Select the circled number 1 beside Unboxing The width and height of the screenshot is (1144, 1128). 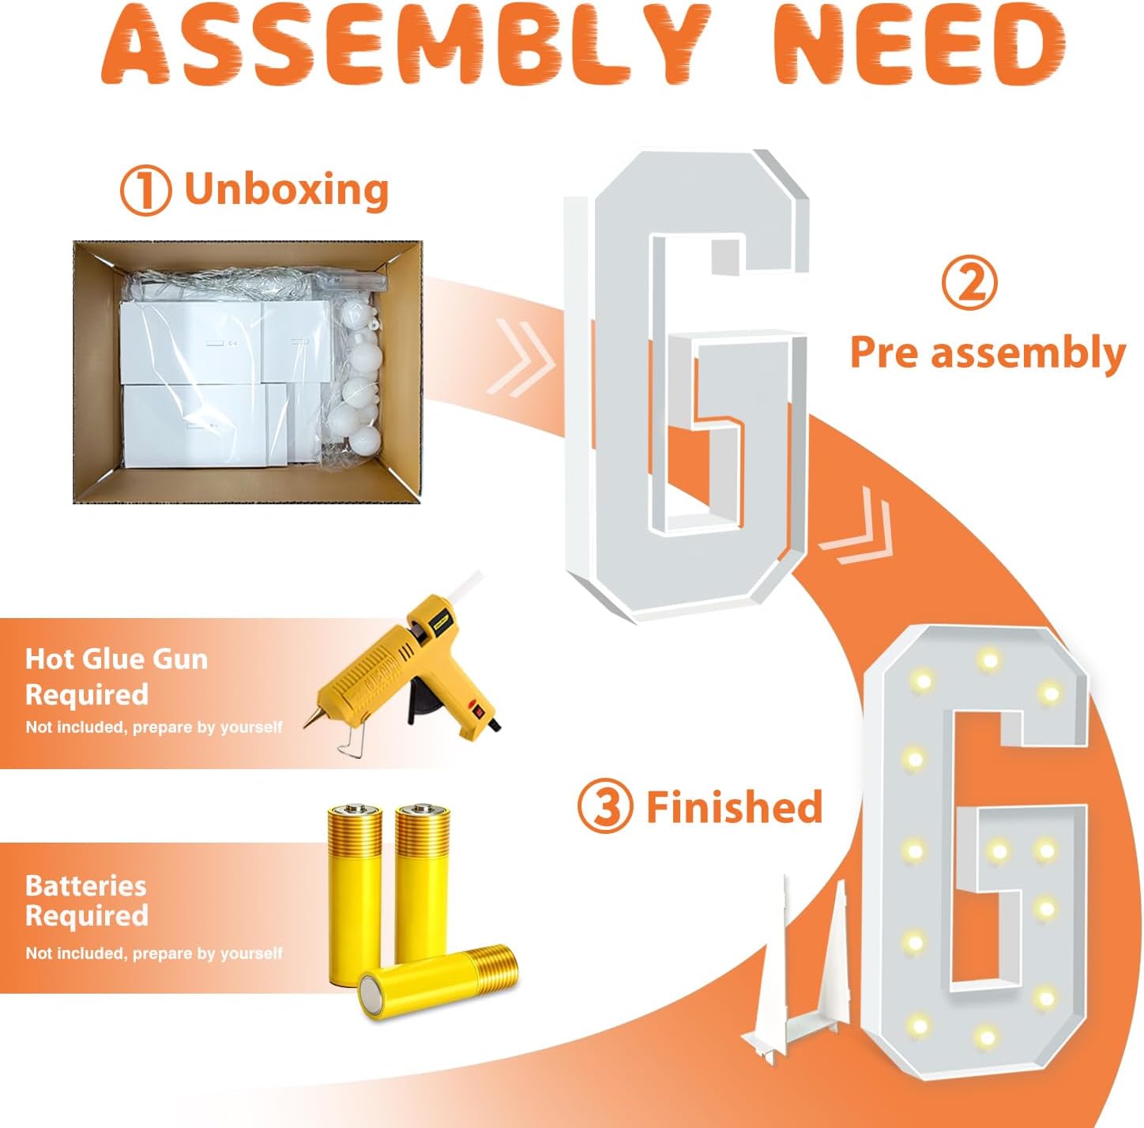146,190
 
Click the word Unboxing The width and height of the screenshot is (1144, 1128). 287,191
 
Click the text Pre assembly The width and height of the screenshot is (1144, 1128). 988,353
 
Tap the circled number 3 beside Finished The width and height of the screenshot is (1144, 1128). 605,806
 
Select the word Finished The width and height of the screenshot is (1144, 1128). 735,806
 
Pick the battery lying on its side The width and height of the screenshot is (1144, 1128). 438,982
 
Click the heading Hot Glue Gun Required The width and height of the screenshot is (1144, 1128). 116,676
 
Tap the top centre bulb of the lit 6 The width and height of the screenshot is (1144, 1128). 989,658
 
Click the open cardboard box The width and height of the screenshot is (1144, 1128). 247,372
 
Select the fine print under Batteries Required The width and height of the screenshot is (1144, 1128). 154,953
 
